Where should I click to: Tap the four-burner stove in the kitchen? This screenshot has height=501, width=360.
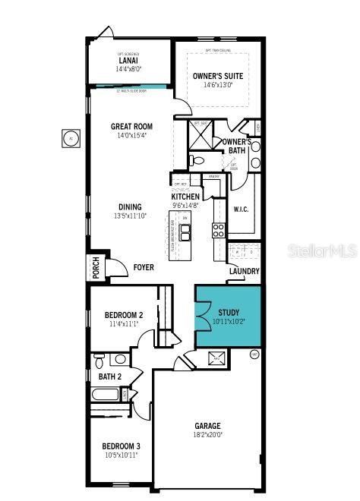pos(218,231)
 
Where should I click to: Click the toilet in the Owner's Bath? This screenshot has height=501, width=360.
pos(196,160)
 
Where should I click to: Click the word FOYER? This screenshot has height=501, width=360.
pos(144,267)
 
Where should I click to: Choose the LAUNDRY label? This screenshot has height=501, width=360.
pos(244,271)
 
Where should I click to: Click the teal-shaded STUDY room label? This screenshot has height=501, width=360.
pos(228,312)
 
